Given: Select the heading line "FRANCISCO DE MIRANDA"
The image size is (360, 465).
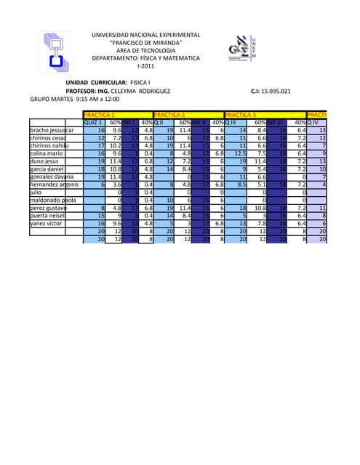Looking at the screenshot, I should pyautogui.click(x=146, y=43).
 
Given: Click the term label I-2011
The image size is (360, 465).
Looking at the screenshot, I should pyautogui.click(x=146, y=66).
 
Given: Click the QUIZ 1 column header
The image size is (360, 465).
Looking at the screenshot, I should pyautogui.click(x=93, y=123).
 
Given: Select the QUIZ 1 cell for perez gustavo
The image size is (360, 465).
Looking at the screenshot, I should pyautogui.click(x=100, y=208).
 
